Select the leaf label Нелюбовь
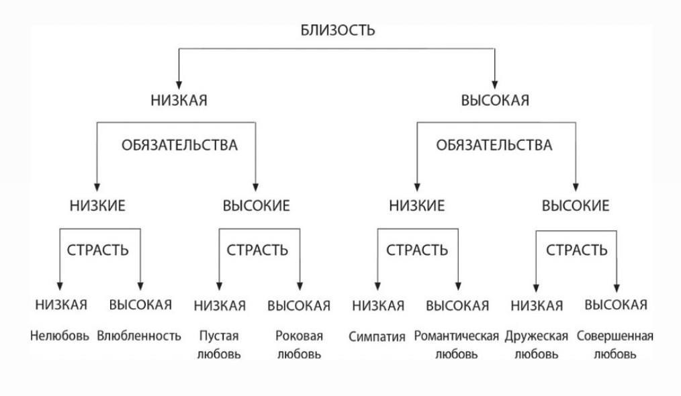pyautogui.click(x=59, y=336)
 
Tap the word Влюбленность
pyautogui.click(x=139, y=336)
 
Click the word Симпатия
pyautogui.click(x=377, y=336)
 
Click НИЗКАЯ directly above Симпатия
pyautogui.click(x=378, y=306)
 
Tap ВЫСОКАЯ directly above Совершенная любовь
pyautogui.click(x=616, y=305)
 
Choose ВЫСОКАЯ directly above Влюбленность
pyautogui.click(x=140, y=305)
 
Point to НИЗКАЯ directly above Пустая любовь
pyautogui.click(x=220, y=306)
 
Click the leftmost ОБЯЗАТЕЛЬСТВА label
pyautogui.click(x=179, y=145)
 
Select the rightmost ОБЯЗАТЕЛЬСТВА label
pyautogui.click(x=494, y=145)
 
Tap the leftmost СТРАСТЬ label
pyautogui.click(x=98, y=250)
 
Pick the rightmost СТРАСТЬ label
pyautogui.click(x=577, y=250)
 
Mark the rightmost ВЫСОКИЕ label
pyautogui.click(x=576, y=206)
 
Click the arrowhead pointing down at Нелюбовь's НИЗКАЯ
pyautogui.click(x=60, y=285)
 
